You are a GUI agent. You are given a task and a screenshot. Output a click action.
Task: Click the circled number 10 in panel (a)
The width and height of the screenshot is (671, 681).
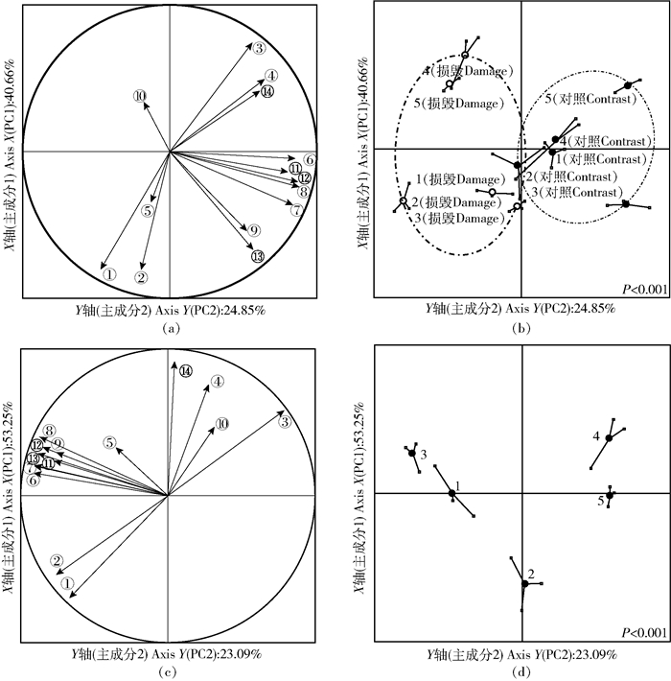(140, 95)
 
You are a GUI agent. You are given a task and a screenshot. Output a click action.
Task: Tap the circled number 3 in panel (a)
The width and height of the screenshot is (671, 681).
(259, 49)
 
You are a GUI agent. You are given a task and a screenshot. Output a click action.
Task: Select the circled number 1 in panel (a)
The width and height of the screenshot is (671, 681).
(110, 273)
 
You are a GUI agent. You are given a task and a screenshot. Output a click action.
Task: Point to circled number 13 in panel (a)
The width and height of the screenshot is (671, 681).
(258, 256)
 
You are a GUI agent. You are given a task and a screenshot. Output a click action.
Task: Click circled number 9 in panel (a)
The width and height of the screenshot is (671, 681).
(253, 231)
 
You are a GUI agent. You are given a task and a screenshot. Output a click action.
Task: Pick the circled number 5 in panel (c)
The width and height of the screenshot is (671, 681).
(111, 442)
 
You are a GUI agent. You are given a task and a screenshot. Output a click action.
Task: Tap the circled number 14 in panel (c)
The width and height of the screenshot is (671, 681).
(186, 370)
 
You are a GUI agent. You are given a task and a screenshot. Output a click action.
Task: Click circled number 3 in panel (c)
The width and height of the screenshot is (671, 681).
(285, 421)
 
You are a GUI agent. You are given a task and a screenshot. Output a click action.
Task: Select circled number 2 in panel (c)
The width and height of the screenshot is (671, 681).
(58, 561)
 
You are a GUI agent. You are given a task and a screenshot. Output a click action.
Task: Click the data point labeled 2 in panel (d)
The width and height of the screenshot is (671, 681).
(525, 583)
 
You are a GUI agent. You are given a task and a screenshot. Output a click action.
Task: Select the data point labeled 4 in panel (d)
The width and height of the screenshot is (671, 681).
(609, 438)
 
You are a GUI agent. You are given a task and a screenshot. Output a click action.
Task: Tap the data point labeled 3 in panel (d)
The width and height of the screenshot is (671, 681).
(413, 453)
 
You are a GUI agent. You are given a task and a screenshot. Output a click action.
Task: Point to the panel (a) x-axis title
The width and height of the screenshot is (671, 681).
(170, 309)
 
